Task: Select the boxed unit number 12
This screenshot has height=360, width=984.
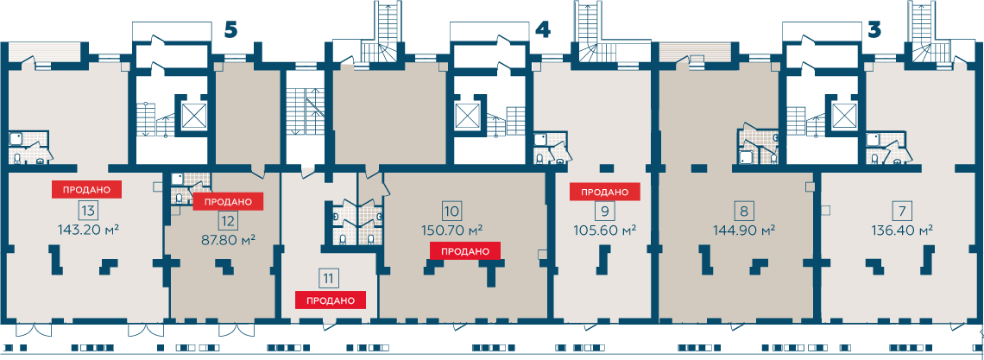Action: point(227,221)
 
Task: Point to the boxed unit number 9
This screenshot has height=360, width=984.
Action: point(604,210)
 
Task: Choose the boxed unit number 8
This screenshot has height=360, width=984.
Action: point(744,210)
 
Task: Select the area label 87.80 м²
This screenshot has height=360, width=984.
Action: point(227,240)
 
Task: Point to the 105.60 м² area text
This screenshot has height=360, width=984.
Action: point(605,229)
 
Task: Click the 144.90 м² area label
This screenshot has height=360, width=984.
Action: point(744,229)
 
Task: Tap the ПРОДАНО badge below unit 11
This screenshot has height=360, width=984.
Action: point(331,300)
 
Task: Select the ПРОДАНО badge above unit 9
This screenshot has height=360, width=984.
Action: point(604,192)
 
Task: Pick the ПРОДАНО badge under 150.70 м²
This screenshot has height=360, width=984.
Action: point(464,251)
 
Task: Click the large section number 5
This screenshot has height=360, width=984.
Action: point(231,29)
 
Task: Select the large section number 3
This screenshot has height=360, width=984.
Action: point(874,29)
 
